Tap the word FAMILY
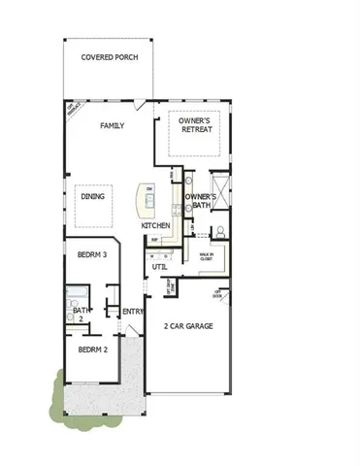[x=114, y=125]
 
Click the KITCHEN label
[x=155, y=225]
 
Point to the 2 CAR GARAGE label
[x=188, y=327]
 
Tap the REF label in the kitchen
[x=154, y=239]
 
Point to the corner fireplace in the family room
[x=71, y=109]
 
